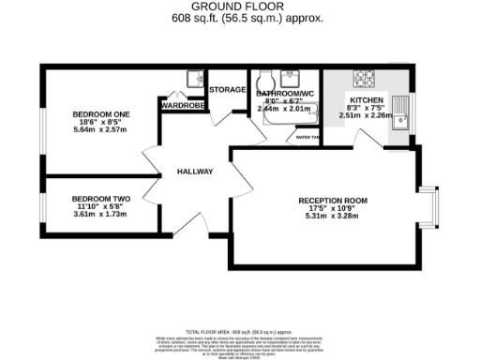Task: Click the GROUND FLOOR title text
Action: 240,7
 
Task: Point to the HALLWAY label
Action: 195,172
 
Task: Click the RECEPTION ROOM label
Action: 333,201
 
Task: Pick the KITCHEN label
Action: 367,100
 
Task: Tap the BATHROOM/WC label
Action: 286,95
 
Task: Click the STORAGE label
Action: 228,90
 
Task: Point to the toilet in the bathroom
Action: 264,79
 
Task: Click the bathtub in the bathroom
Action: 286,119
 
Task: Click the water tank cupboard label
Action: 307,137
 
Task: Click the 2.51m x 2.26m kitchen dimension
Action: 367,118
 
